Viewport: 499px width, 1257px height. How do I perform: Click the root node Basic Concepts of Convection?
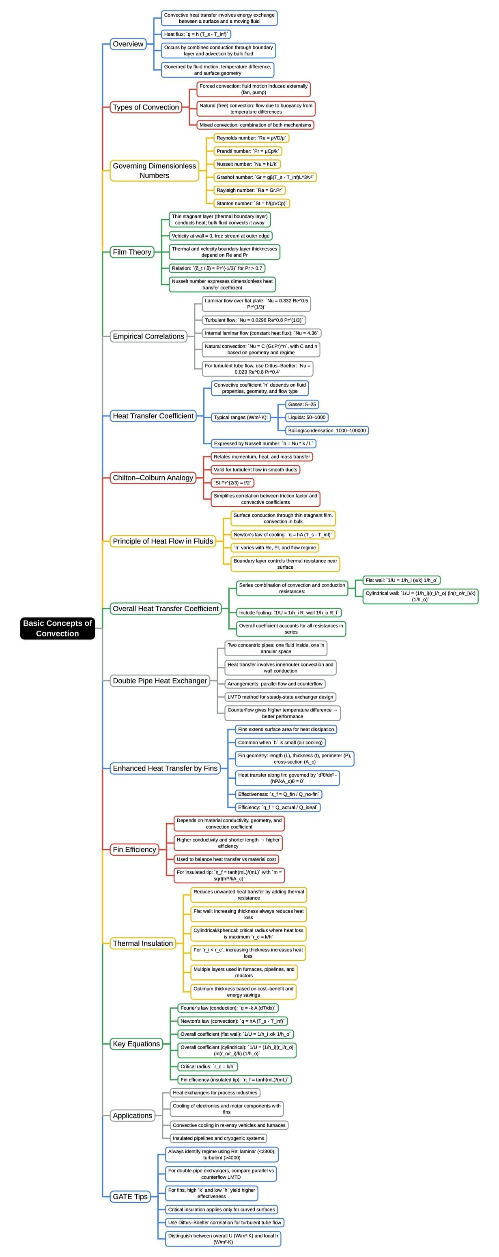point(57,628)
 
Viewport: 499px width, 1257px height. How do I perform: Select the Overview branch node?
point(128,44)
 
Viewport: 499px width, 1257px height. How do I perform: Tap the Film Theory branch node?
point(132,252)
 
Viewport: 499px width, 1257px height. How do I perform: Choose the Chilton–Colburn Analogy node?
point(153,478)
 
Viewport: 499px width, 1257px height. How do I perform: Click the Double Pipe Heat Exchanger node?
point(160,681)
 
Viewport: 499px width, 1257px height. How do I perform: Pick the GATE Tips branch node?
point(130,1196)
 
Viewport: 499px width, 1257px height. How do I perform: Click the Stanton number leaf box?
point(252,203)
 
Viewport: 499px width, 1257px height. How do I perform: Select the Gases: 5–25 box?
point(302,405)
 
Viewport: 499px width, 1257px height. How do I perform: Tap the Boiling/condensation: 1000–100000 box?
point(327,430)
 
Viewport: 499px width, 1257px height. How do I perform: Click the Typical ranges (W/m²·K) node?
point(241,417)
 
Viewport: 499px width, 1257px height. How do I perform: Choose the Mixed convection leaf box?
point(255,125)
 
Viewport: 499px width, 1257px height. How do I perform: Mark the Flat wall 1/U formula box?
point(401,580)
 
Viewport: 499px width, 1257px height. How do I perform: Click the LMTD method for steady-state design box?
point(280,697)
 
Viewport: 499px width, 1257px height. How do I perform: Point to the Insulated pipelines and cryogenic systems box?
point(218,1138)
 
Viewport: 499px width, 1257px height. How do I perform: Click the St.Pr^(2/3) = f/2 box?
point(232,483)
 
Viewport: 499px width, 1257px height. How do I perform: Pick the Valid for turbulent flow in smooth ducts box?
point(255,469)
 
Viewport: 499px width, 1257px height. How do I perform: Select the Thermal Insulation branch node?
point(142,943)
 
